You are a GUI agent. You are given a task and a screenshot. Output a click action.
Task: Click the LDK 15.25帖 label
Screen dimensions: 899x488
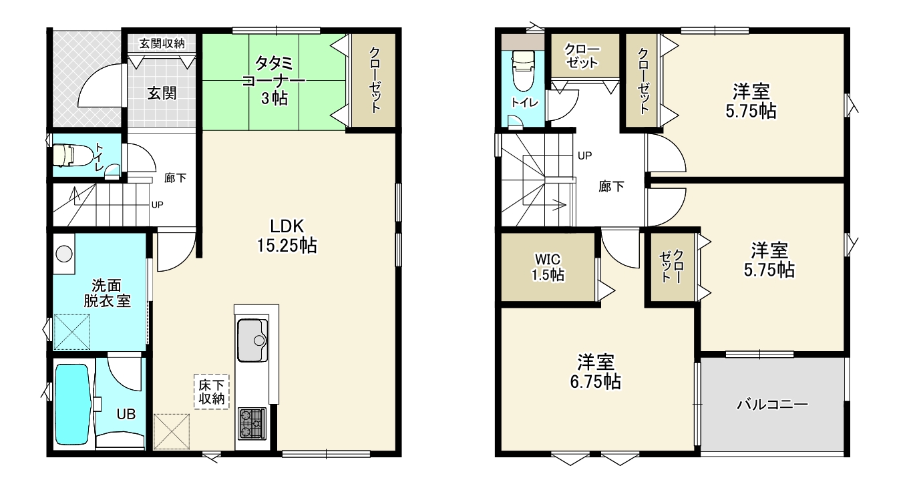pos(287,236)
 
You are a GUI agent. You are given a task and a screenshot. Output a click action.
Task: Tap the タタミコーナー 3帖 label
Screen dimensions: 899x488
pos(274,81)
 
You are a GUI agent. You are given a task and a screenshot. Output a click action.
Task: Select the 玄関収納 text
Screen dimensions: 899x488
pos(162,43)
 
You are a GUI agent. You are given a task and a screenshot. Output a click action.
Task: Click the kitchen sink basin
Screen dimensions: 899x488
pos(252,340)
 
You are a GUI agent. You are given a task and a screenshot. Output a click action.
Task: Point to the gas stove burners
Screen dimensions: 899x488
pos(252,423)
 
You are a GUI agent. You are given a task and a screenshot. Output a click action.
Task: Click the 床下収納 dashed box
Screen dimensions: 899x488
pos(212,392)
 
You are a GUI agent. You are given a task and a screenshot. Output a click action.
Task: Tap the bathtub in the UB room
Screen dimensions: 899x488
pos(73,404)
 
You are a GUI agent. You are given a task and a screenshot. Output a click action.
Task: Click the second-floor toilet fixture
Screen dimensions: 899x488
pos(524,71)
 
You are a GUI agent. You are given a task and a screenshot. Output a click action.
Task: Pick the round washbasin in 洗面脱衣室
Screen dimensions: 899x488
pos(64,254)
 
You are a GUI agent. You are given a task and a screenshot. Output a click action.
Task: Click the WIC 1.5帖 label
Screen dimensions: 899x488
pos(548,267)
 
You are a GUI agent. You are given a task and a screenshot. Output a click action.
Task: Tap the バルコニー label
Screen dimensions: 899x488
pos(772,405)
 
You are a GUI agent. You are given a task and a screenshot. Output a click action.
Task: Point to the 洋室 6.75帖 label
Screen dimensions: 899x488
pos(596,372)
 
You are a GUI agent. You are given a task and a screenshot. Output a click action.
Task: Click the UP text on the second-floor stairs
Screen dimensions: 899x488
pos(585,156)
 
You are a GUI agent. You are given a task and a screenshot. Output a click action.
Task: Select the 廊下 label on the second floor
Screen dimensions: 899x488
pos(611,186)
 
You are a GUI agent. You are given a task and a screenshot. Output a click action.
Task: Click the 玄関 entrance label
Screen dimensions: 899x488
pos(162,93)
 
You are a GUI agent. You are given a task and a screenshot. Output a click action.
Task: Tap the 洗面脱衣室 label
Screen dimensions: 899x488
pos(107,293)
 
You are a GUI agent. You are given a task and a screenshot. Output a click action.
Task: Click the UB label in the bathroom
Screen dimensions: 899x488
pos(126,414)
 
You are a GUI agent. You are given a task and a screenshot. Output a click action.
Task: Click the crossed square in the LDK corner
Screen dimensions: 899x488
pos(172,431)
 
